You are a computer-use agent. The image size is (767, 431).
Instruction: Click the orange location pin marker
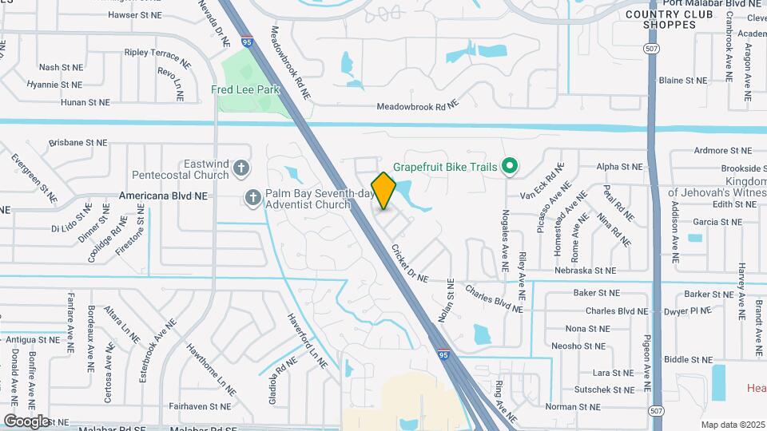(x=384, y=191)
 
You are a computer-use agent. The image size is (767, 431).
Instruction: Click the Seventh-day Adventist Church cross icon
(x=253, y=197)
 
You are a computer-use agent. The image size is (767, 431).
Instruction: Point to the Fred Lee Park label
(x=245, y=90)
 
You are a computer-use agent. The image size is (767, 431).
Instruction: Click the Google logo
(x=26, y=421)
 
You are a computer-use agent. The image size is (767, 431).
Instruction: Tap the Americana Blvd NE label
(x=163, y=195)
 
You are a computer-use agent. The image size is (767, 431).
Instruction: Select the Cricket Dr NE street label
(x=410, y=263)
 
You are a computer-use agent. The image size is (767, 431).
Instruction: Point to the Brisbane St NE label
(x=77, y=142)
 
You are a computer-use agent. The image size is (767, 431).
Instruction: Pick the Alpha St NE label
(x=619, y=167)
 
